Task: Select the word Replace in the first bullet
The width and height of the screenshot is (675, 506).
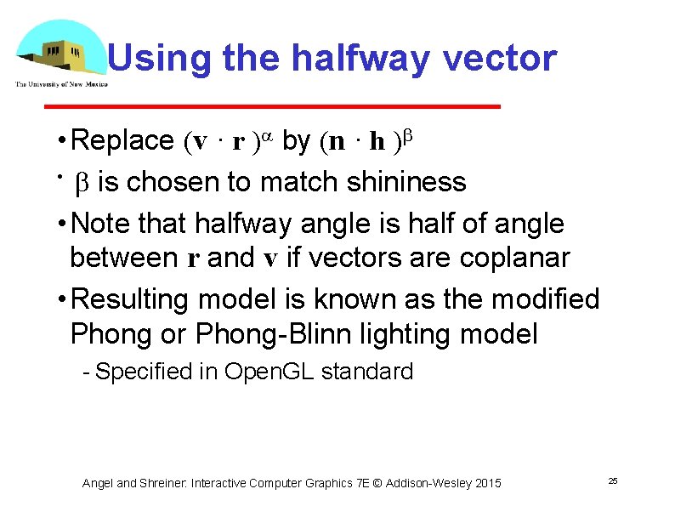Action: [123, 140]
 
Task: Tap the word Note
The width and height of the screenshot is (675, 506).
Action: [105, 224]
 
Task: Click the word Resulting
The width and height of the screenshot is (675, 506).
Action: [133, 299]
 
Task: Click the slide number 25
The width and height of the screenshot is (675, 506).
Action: [612, 481]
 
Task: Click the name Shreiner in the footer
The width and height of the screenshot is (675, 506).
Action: [162, 483]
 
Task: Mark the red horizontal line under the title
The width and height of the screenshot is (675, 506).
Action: [272, 106]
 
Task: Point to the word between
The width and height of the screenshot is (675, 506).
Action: [124, 257]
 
